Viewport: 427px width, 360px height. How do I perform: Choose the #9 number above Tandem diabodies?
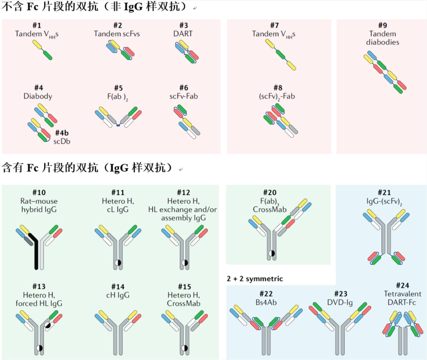pos(382,25)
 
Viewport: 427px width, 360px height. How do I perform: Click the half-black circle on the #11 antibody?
pos(117,262)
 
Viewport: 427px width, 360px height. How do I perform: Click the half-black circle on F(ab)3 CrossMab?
pos(272,253)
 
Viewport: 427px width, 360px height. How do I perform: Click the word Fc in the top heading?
pos(33,8)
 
